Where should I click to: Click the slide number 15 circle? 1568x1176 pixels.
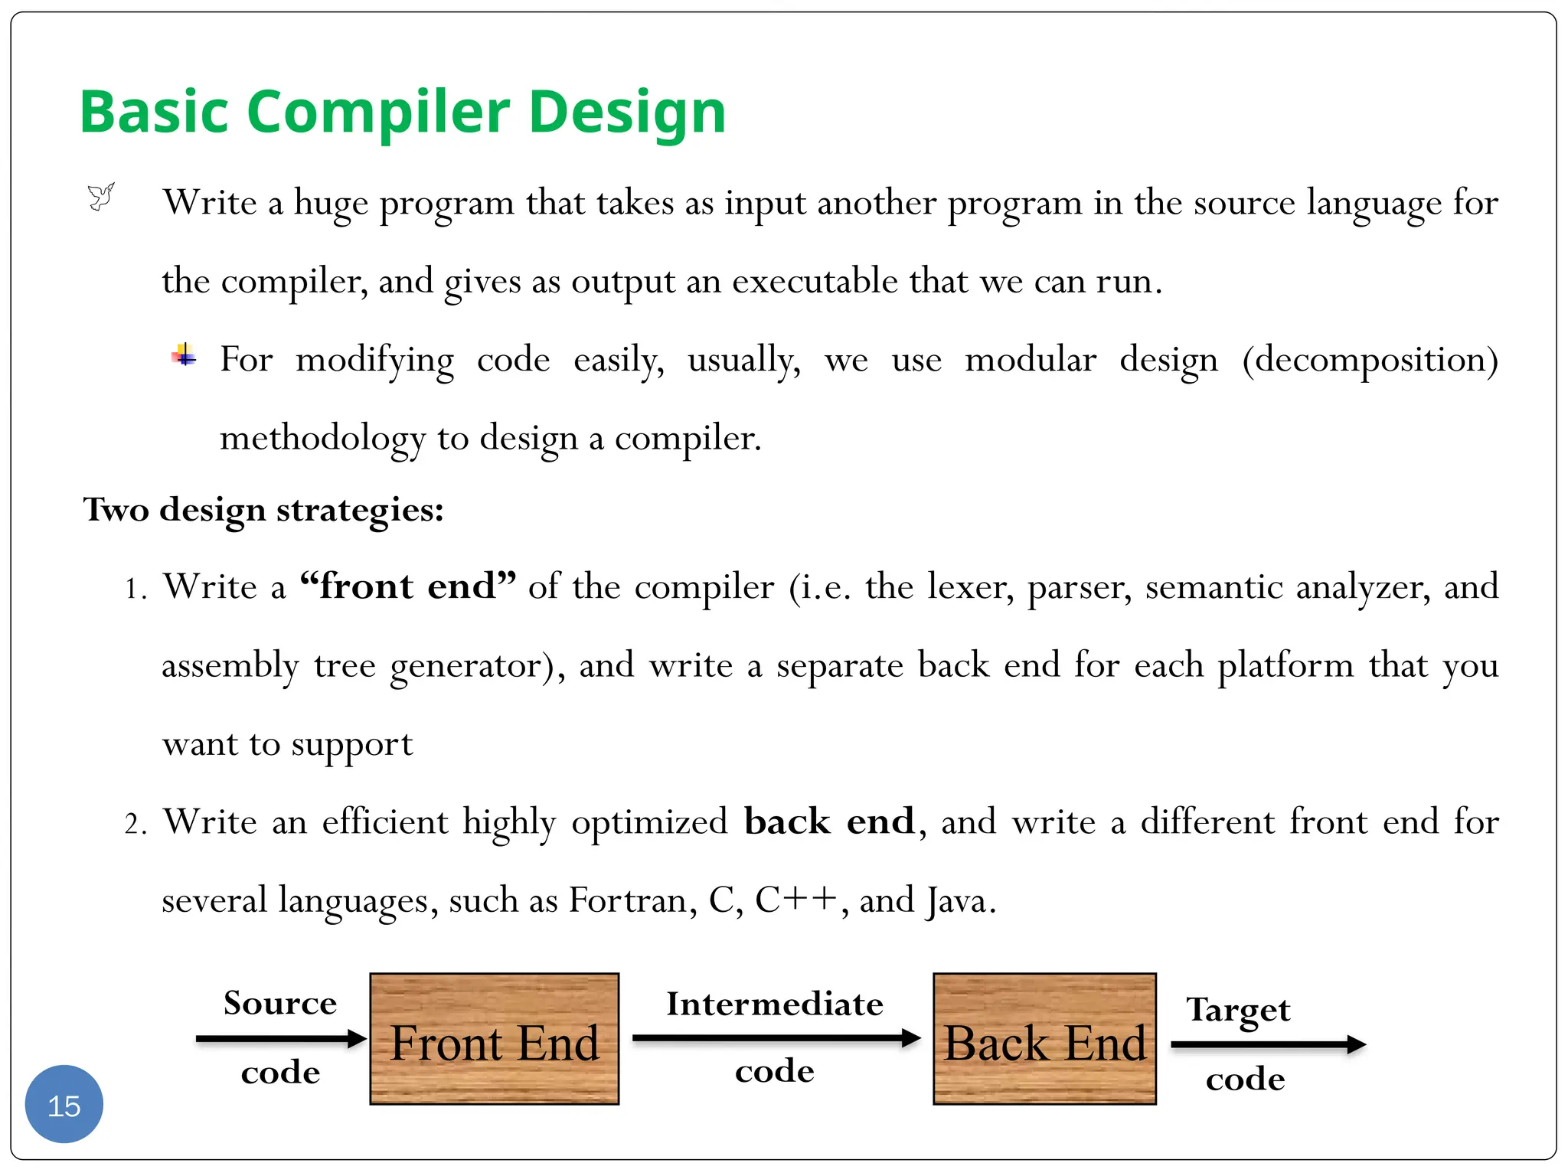[x=64, y=1104]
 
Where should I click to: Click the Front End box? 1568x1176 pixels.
[x=494, y=1039]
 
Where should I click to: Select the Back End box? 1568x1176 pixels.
[x=1044, y=1039]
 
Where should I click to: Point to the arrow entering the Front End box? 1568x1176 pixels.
[x=281, y=1039]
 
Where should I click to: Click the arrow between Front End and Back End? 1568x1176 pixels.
[x=776, y=1038]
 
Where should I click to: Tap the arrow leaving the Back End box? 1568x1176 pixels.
[x=1268, y=1044]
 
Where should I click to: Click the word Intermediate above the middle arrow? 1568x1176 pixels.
[x=775, y=1004]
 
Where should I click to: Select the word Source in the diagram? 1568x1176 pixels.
[x=280, y=1003]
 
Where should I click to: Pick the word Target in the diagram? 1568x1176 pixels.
[x=1238, y=1011]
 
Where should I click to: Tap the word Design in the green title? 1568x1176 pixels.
[x=627, y=113]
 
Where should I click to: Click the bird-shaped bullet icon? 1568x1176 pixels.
[x=101, y=197]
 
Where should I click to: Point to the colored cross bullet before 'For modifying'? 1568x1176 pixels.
[x=184, y=356]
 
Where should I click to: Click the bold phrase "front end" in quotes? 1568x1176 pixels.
[x=408, y=586]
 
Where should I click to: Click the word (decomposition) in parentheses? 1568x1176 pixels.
[x=1370, y=360]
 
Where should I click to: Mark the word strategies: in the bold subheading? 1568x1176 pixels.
[x=360, y=511]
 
